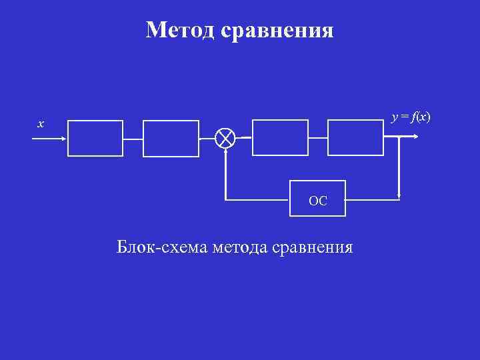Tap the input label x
pyautogui.click(x=41, y=124)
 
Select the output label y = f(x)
pyautogui.click(x=411, y=118)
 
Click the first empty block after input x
pyautogui.click(x=95, y=138)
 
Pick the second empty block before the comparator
pyautogui.click(x=171, y=138)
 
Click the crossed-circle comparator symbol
pyautogui.click(x=226, y=138)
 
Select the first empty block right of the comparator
pyautogui.click(x=280, y=137)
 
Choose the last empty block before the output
pyautogui.click(x=356, y=137)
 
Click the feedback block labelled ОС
pyautogui.click(x=317, y=199)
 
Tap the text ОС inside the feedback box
pyautogui.click(x=318, y=201)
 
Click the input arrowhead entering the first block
pyautogui.click(x=63, y=139)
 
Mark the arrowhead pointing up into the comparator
pyautogui.click(x=226, y=151)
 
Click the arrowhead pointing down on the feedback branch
pyautogui.click(x=398, y=196)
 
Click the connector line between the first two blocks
pyautogui.click(x=133, y=139)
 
